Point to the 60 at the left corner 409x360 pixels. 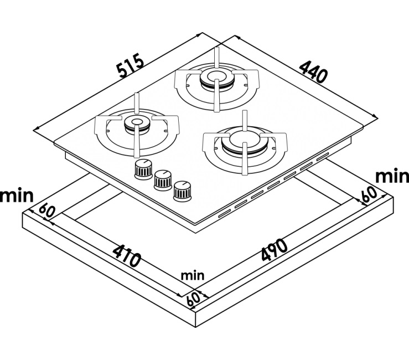click(x=46, y=211)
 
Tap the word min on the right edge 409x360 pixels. click(x=392, y=176)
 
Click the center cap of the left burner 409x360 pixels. click(x=135, y=123)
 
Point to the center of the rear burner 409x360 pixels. click(x=215, y=78)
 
